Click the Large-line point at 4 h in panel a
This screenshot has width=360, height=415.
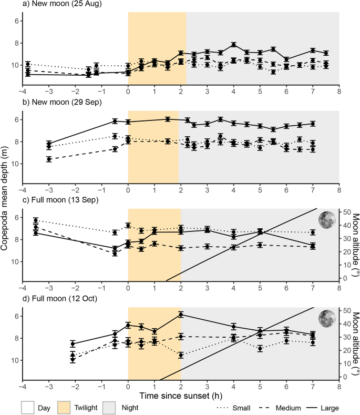pos(234,45)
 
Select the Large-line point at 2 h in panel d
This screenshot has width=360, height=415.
pos(181,315)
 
